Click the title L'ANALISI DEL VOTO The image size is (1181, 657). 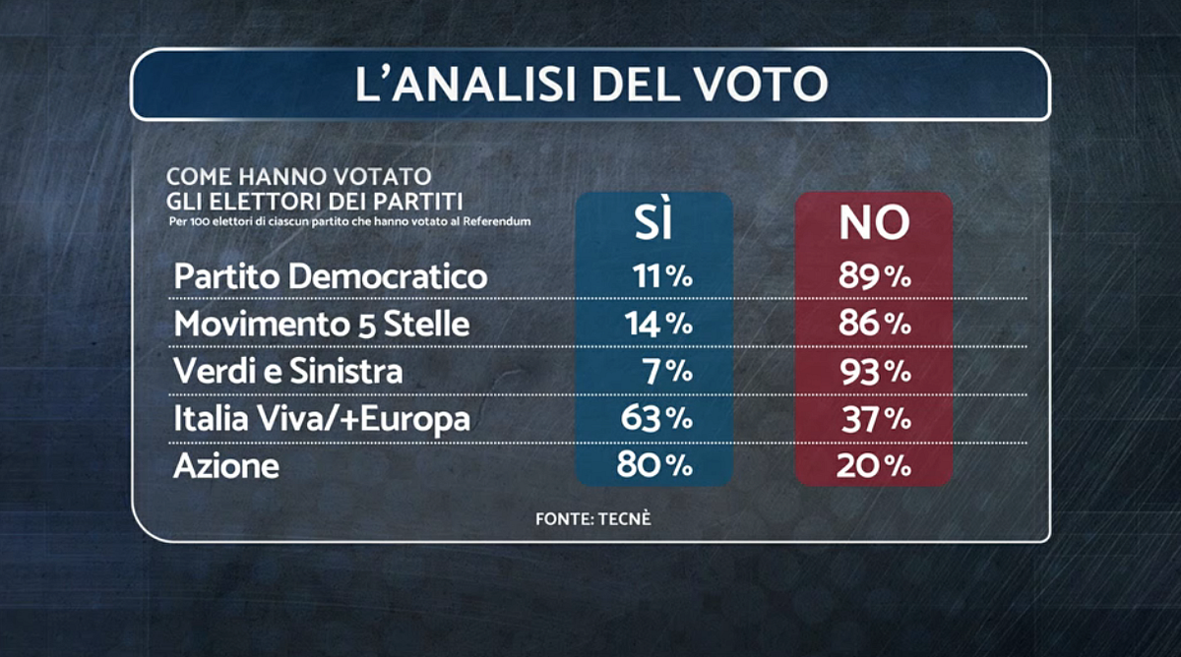pyautogui.click(x=590, y=85)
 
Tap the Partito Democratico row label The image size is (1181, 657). pyautogui.click(x=331, y=277)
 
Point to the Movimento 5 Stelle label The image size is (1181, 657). pyautogui.click(x=322, y=325)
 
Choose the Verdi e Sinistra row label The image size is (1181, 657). pyautogui.click(x=288, y=372)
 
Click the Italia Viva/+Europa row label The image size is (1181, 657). pyautogui.click(x=322, y=419)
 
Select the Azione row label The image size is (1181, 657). pyautogui.click(x=226, y=466)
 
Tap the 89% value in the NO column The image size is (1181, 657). pyautogui.click(x=874, y=277)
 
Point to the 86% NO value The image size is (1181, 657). pyautogui.click(x=874, y=325)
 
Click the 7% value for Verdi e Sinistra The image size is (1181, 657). pyautogui.click(x=669, y=372)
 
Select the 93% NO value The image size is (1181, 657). pyautogui.click(x=874, y=372)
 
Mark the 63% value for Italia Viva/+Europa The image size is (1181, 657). pyautogui.click(x=655, y=419)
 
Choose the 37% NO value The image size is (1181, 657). pyautogui.click(x=874, y=419)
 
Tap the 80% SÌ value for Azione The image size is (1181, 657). pyautogui.click(x=655, y=466)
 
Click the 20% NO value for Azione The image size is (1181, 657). pyautogui.click(x=874, y=466)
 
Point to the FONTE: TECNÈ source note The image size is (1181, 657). pyautogui.click(x=593, y=518)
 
